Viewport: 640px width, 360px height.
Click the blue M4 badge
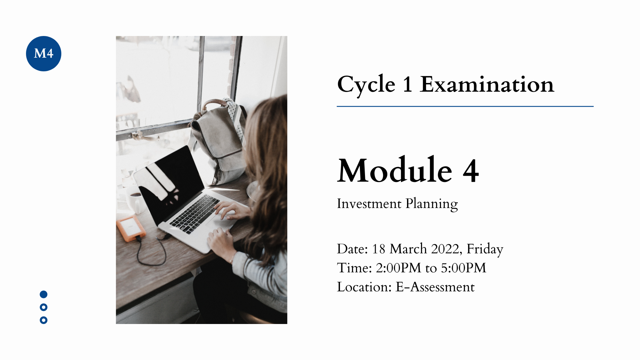pyautogui.click(x=44, y=54)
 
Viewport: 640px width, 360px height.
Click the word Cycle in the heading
pyautogui.click(x=366, y=84)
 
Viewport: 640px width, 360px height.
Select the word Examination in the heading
pyautogui.click(x=487, y=84)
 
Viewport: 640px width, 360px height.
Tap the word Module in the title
pyautogui.click(x=395, y=170)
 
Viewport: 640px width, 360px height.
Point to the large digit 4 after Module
pyautogui.click(x=471, y=171)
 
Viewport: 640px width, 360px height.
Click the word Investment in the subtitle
pyautogui.click(x=369, y=204)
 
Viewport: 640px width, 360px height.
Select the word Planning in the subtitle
pyautogui.click(x=432, y=204)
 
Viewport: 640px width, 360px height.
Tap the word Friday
pyautogui.click(x=485, y=249)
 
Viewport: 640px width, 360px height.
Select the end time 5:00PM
pyautogui.click(x=463, y=268)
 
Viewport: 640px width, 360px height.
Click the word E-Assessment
pyautogui.click(x=435, y=287)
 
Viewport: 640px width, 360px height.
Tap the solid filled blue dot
pyautogui.click(x=44, y=294)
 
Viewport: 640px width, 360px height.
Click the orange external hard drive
pyautogui.click(x=131, y=228)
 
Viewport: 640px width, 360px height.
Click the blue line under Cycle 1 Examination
pyautogui.click(x=465, y=106)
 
